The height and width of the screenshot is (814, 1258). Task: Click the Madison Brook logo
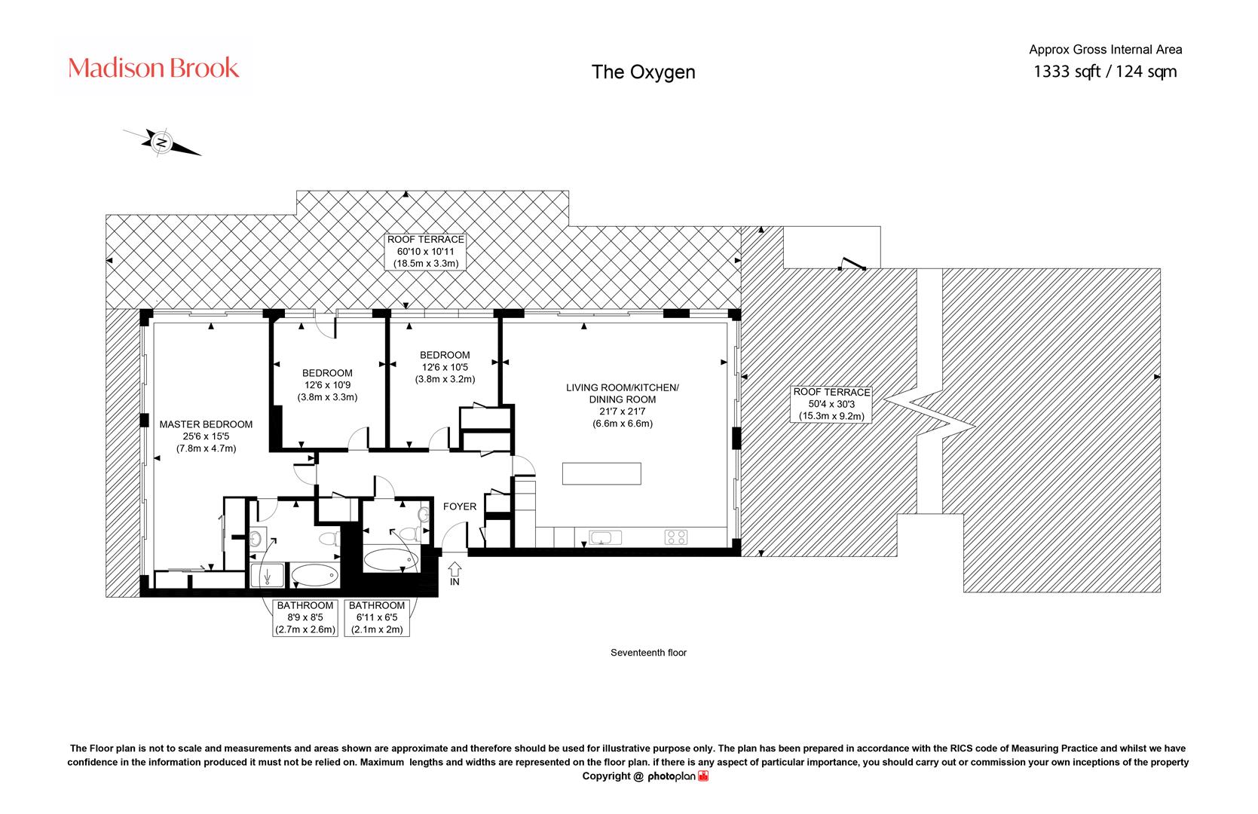[153, 68]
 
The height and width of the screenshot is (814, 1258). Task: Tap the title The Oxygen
[643, 72]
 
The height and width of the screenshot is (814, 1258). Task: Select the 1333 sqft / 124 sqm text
[1105, 72]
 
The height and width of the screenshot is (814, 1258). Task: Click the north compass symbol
[162, 142]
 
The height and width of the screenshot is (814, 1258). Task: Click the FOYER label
[459, 506]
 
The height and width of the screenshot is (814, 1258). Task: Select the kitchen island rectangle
[601, 473]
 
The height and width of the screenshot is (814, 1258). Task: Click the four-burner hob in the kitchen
[675, 537]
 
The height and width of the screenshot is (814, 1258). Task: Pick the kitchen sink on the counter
[605, 537]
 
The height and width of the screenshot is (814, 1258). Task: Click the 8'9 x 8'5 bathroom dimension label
[305, 617]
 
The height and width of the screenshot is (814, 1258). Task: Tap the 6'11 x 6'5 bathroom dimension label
[377, 617]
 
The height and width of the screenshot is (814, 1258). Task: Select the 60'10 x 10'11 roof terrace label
[426, 252]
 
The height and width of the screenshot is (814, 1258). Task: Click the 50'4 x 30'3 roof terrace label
[831, 405]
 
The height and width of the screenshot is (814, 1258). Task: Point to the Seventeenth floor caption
[649, 653]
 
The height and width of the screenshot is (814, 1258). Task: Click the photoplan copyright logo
[678, 776]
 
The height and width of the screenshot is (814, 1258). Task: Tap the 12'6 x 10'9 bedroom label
[327, 385]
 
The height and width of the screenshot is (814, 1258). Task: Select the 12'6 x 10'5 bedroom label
[445, 367]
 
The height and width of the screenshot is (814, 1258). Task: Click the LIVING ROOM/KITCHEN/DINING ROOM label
[623, 405]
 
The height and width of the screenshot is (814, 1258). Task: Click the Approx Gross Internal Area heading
[1105, 50]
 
